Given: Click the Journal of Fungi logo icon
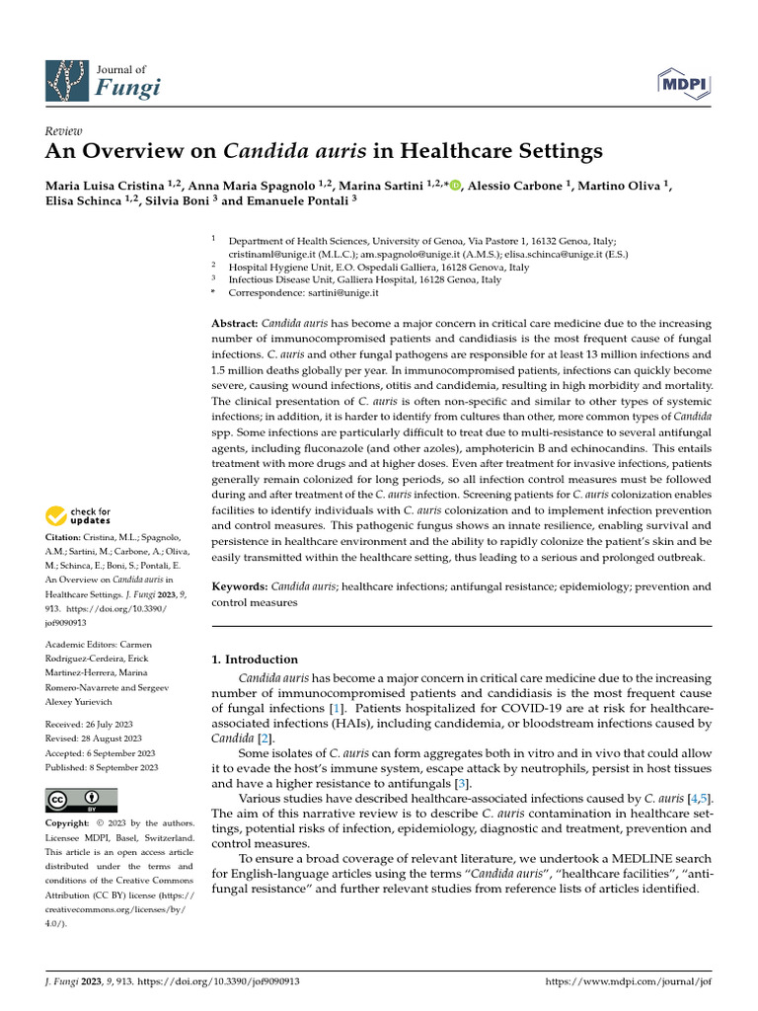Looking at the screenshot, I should tap(68, 83).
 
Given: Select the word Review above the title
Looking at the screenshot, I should tap(64, 131).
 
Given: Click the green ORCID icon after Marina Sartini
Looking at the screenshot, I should tap(455, 186).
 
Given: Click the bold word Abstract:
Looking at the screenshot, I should tap(235, 325).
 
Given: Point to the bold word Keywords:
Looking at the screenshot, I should tap(240, 586).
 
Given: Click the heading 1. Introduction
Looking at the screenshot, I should tap(255, 660).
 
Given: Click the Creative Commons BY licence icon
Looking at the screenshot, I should tap(81, 800).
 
